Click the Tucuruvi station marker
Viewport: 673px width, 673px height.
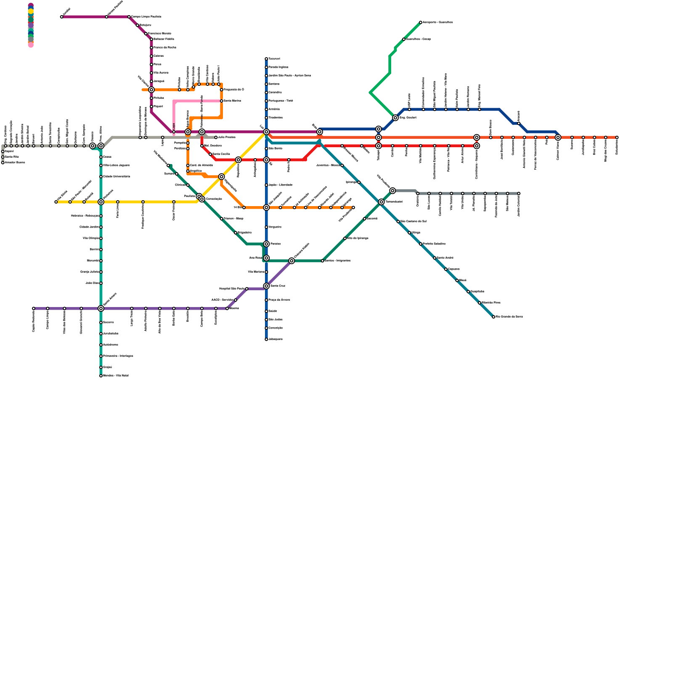click(x=266, y=59)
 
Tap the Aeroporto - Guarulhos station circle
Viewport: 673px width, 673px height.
click(x=421, y=22)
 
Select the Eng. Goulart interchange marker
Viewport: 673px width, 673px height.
click(x=395, y=118)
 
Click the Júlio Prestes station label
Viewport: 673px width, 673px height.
click(x=227, y=138)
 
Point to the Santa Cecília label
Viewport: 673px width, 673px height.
click(x=221, y=154)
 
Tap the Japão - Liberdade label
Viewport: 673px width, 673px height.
click(x=281, y=185)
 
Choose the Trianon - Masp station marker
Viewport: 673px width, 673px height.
click(x=222, y=219)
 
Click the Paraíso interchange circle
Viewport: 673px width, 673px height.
click(x=266, y=244)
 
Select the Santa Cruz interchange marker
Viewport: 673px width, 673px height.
click(x=266, y=286)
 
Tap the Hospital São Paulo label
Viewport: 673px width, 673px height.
click(x=232, y=289)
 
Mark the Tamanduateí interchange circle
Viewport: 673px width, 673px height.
click(x=382, y=202)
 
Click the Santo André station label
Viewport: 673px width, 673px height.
click(x=445, y=258)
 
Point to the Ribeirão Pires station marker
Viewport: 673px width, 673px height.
click(x=480, y=303)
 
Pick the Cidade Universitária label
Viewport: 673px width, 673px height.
click(x=117, y=177)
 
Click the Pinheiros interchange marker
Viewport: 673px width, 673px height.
click(x=101, y=202)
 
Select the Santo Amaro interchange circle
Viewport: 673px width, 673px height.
click(x=101, y=308)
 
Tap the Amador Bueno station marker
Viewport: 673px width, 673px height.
click(x=3, y=163)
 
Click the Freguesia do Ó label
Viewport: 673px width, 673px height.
click(x=234, y=90)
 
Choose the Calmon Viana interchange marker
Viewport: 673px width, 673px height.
click(x=558, y=138)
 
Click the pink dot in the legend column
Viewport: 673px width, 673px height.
click(x=31, y=45)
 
